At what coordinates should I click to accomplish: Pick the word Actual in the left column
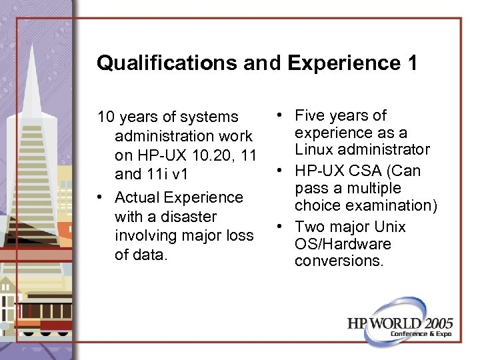coord(137,197)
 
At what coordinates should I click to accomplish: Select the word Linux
coord(315,149)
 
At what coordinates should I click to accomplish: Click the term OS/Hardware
coord(343,244)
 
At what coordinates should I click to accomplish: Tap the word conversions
coord(339,261)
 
